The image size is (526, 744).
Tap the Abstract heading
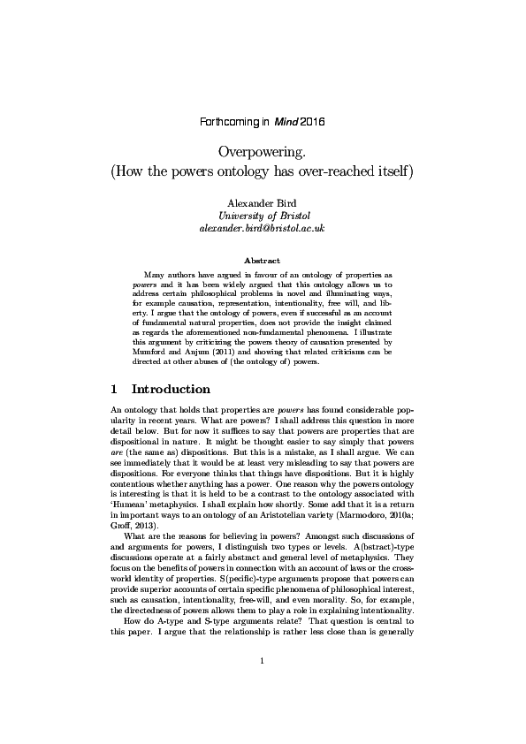(x=263, y=262)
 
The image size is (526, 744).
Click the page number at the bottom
(x=263, y=686)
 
